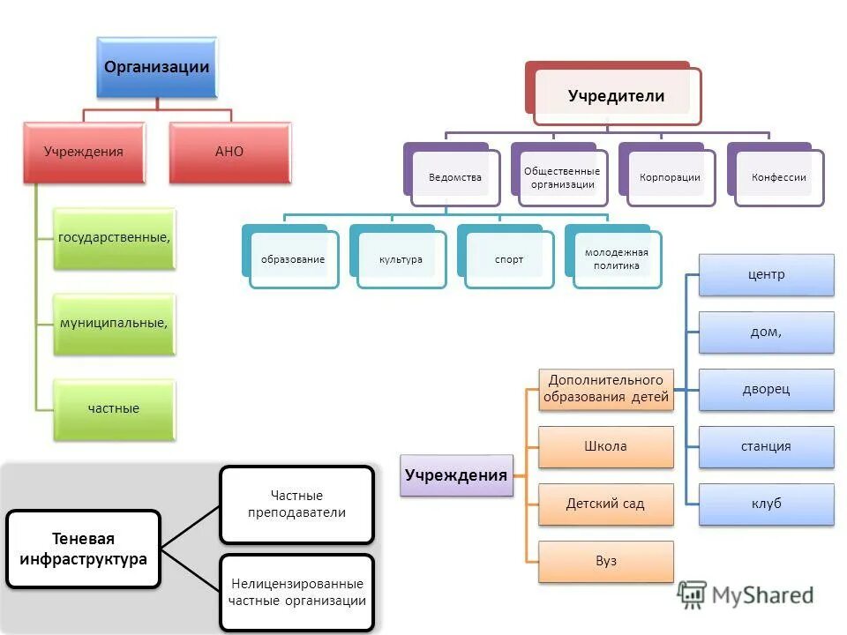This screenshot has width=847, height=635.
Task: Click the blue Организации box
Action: tap(157, 68)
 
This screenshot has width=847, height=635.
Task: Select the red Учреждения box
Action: tap(84, 152)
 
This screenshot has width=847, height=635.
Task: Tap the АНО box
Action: tap(229, 152)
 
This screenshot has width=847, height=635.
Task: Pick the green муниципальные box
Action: tap(114, 324)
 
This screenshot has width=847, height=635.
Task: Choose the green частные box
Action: tap(114, 409)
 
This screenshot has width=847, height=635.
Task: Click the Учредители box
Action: tap(616, 96)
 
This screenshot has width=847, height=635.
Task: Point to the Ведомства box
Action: tap(455, 177)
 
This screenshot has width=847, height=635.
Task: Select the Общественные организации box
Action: tap(562, 177)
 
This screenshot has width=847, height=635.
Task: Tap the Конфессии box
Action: tap(778, 177)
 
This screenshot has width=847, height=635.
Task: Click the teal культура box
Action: tap(401, 259)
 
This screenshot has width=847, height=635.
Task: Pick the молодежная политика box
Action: tap(616, 259)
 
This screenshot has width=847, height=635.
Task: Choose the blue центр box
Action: tap(766, 275)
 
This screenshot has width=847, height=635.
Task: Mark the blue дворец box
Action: tap(766, 389)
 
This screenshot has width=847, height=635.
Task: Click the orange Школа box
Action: tap(605, 446)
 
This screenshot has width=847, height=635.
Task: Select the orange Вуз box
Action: tap(605, 561)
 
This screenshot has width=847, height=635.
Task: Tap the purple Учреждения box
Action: tap(456, 475)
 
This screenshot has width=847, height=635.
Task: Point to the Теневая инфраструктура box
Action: tap(83, 549)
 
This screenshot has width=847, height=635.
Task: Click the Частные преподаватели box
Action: tap(296, 504)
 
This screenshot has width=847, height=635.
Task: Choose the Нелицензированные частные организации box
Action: tap(296, 592)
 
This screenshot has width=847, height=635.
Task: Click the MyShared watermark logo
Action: tap(746, 595)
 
